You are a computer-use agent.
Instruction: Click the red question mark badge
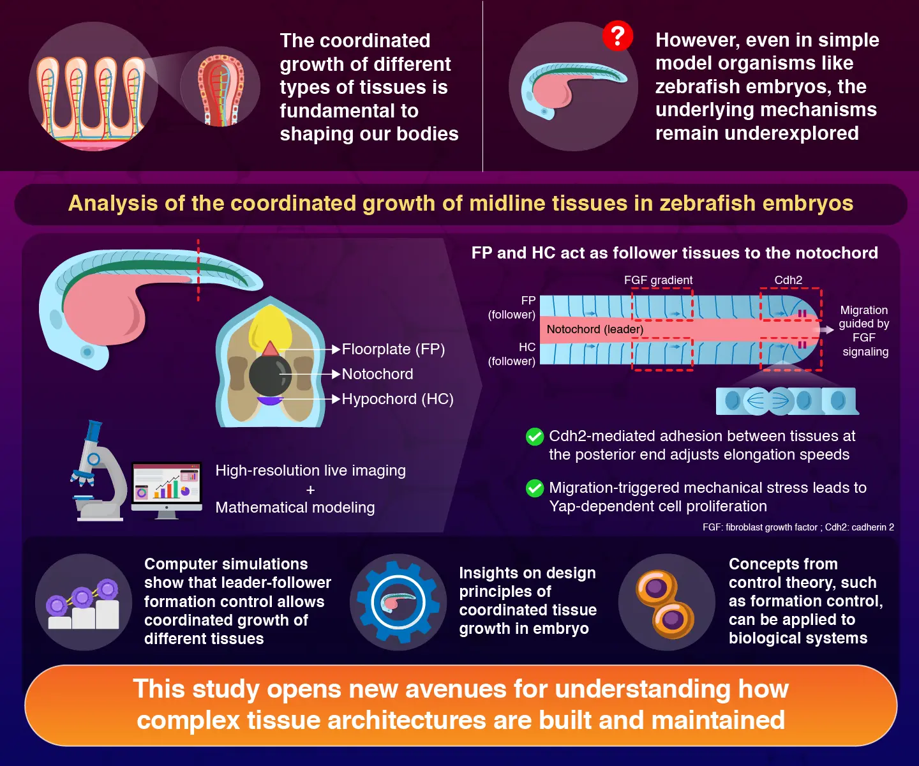point(618,36)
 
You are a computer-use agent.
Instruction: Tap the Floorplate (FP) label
point(393,349)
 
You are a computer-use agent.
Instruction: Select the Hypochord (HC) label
point(397,399)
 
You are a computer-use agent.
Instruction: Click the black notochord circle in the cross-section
point(270,375)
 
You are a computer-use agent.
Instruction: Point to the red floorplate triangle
point(270,349)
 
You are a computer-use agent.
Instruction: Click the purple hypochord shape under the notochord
point(269,401)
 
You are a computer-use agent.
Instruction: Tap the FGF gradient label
point(658,280)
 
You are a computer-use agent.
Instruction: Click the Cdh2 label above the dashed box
point(788,280)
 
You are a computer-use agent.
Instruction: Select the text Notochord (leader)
point(595,329)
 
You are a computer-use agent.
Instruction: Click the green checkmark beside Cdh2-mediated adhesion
point(534,437)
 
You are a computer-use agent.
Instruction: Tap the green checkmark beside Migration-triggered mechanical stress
point(534,488)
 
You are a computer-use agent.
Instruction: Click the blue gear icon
point(398,602)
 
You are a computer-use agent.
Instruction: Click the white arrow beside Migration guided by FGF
point(828,329)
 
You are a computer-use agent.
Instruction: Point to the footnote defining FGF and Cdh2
point(798,527)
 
